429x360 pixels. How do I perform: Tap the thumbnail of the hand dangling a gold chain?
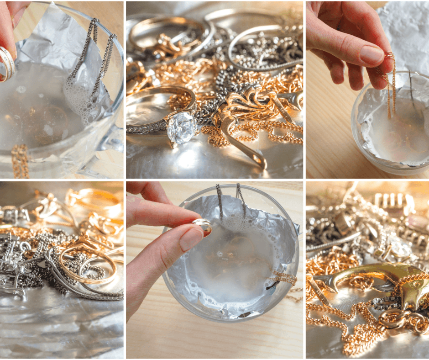tap(367, 89)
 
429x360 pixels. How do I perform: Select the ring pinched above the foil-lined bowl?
tap(202, 224)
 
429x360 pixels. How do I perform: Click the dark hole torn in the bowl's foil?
tap(273, 285)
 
